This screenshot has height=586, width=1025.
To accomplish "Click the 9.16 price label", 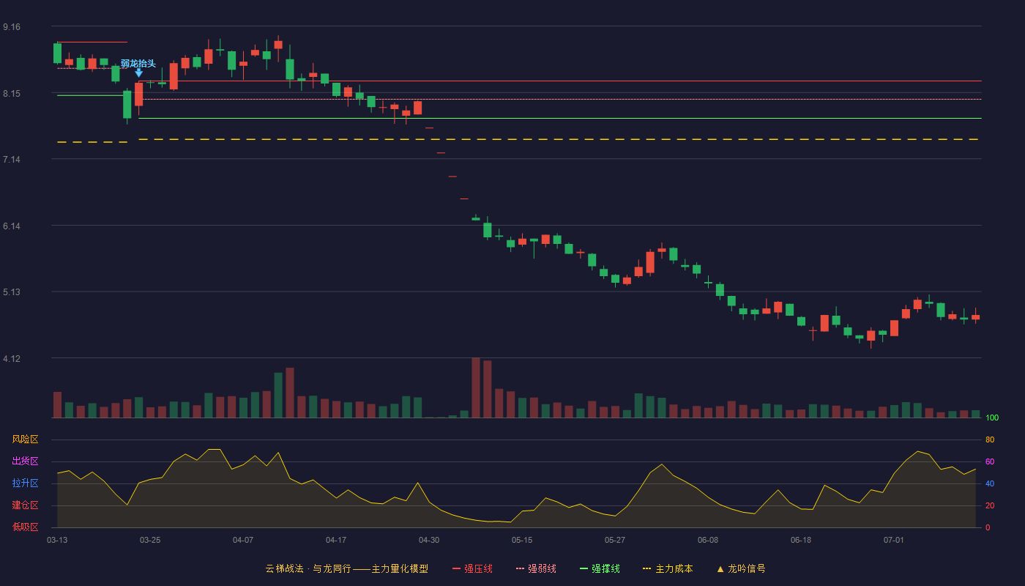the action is coord(12,27).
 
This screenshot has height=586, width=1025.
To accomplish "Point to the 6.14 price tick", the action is coord(12,226).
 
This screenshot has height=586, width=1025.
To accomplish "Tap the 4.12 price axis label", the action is coord(12,359).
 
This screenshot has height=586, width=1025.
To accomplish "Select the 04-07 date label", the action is coord(243,541).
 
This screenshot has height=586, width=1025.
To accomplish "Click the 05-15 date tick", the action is coord(522,541).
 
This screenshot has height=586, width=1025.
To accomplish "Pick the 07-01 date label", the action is coord(894,541).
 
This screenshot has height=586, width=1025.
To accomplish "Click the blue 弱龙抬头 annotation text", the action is coord(138,64).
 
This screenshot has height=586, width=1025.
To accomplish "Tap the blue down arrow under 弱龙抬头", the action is coord(138,73).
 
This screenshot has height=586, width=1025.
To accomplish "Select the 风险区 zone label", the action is coord(25,439).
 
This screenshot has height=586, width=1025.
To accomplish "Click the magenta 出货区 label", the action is coord(25,461).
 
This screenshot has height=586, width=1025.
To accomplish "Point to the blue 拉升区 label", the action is coord(25,483).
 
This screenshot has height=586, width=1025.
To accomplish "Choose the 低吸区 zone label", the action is coord(25,527).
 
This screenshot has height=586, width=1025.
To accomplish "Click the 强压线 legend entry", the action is coord(472,568).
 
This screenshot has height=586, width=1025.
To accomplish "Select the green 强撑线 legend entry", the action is coord(600,568).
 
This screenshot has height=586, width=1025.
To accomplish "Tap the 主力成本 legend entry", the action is coord(668,568).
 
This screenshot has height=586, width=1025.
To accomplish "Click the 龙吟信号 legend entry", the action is coord(741,568).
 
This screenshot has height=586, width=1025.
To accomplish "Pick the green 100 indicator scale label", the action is coord(992,418).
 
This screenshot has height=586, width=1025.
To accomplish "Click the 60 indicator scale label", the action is coord(990,461).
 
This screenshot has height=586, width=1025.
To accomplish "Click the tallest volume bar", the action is coord(476,387).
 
